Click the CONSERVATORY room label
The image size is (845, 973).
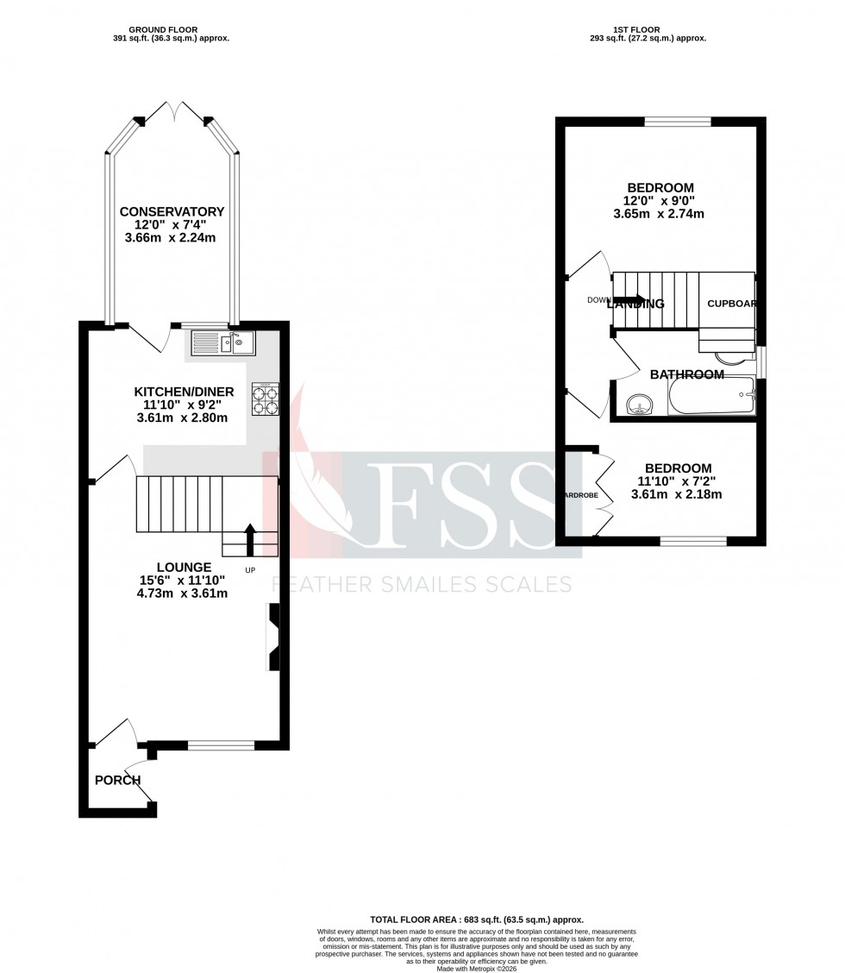coord(172,211)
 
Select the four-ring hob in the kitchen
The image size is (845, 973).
coord(266,399)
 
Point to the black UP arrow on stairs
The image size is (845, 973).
coord(251,538)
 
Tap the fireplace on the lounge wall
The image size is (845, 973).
coord(272,637)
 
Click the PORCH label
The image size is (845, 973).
coord(117,780)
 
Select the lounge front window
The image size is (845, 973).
coord(221,744)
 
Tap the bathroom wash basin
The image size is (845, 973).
coord(640,404)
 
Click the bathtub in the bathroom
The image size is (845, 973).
coord(711,397)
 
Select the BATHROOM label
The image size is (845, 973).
coord(686,374)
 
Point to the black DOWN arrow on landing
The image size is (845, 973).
coord(629,300)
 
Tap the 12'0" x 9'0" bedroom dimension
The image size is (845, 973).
coord(660,200)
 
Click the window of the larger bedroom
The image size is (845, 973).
coord(678,122)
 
